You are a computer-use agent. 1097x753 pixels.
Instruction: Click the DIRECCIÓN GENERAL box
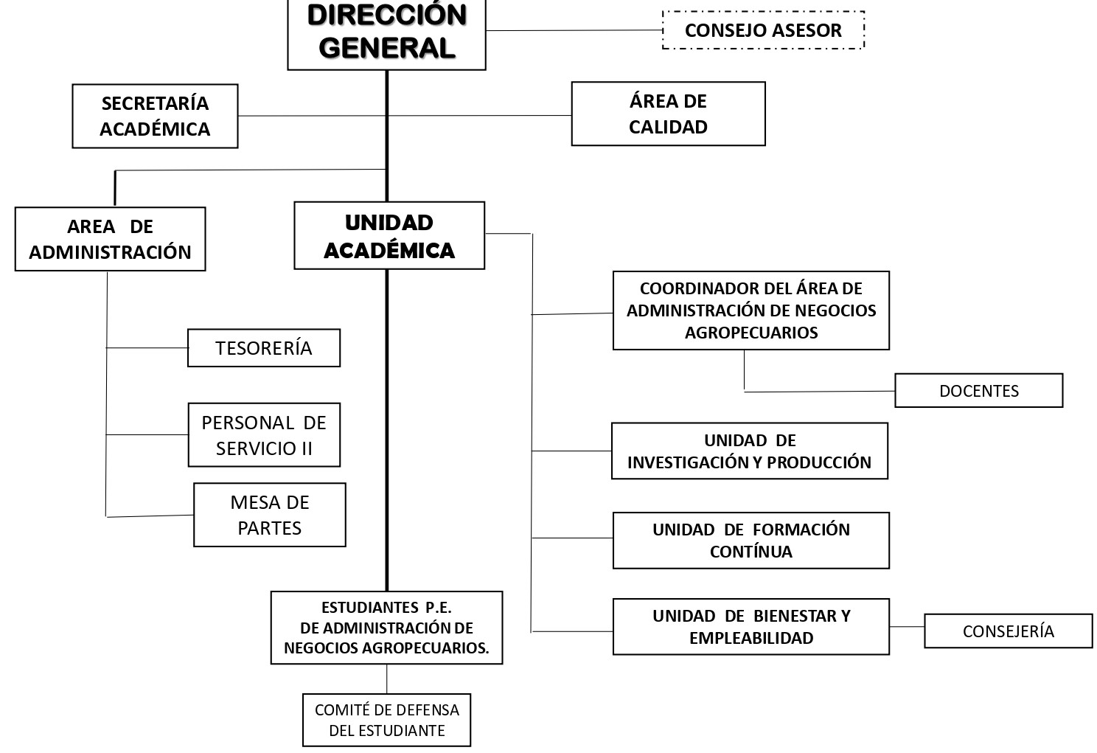pos(386,33)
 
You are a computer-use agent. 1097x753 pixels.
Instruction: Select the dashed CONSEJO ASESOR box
pos(762,30)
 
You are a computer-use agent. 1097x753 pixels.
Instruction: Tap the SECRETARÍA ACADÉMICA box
pos(155,116)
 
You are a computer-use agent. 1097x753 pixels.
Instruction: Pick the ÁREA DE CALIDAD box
pos(668,114)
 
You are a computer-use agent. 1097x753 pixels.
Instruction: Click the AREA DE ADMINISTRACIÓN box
pos(110,239)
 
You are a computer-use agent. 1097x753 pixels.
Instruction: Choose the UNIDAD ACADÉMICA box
pos(389,236)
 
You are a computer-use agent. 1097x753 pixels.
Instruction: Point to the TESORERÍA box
pos(264,348)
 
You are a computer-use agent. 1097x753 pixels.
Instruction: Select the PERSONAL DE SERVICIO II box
pos(264,435)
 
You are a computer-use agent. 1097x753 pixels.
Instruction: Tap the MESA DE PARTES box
pos(270,515)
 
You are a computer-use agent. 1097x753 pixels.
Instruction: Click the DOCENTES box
pos(978,391)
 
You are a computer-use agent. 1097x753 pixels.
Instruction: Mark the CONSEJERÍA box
pos(1008,631)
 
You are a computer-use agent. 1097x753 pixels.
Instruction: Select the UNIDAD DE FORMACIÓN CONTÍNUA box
pos(751,541)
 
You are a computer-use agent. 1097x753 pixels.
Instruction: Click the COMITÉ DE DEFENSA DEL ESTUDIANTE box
pos(386,720)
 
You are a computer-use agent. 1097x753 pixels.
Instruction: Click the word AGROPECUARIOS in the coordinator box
pos(751,333)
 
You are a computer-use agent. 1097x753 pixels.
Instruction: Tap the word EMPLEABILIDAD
pos(751,638)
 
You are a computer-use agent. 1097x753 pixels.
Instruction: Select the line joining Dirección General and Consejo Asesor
pos(575,30)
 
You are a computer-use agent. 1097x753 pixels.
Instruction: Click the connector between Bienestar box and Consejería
pos(907,627)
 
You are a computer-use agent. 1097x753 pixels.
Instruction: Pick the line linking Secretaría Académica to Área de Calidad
pos(479,116)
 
